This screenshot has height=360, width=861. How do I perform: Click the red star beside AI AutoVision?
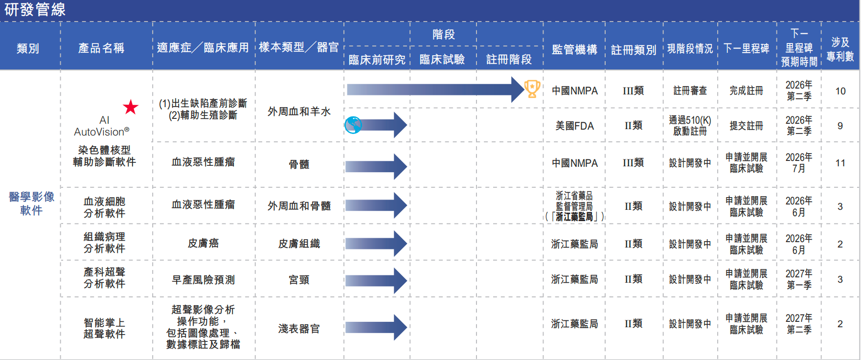[x=131, y=107]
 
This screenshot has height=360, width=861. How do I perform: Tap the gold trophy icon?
[x=532, y=89]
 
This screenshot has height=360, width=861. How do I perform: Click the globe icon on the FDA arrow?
[x=353, y=125]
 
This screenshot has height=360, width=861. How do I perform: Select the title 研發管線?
[x=35, y=9]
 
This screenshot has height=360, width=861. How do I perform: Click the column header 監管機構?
[x=574, y=49]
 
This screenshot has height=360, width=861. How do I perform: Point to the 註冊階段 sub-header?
[x=509, y=59]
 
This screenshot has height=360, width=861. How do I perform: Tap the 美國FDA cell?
[x=574, y=126]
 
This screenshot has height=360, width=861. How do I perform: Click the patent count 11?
[x=840, y=163]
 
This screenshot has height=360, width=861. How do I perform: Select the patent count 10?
[x=840, y=91]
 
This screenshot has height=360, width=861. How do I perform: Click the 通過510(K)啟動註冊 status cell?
[x=690, y=126]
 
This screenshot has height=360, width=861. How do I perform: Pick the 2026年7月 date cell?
[x=799, y=163]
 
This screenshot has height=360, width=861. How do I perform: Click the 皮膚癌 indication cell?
[x=204, y=243]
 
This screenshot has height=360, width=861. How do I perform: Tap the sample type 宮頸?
[x=299, y=280]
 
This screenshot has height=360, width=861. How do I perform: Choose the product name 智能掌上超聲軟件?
[x=104, y=328]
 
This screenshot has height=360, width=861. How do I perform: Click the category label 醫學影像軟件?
[x=31, y=203]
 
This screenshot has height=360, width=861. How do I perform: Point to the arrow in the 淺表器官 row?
[x=376, y=327]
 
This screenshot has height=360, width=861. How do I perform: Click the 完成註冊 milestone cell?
[x=746, y=90]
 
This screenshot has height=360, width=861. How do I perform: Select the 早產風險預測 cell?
[x=204, y=280]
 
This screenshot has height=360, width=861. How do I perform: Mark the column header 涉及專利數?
[x=840, y=49]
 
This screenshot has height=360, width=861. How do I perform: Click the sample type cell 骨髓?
[x=299, y=164]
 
